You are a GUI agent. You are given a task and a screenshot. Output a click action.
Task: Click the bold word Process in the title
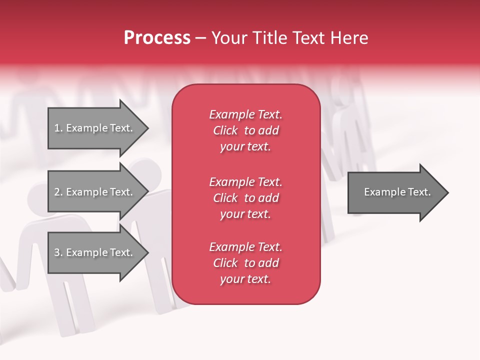pos(157,38)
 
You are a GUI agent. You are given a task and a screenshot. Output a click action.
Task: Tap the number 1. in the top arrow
pos(58,128)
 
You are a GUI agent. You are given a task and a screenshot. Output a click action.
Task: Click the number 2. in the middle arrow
pos(58,192)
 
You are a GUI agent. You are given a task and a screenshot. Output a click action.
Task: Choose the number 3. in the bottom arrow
pos(58,252)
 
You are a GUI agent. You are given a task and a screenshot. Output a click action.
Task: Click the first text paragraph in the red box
pos(245,130)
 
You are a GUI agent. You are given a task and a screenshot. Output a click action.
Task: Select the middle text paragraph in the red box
pos(245,198)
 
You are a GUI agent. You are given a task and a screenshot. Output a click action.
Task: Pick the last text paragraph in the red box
pos(245,263)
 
